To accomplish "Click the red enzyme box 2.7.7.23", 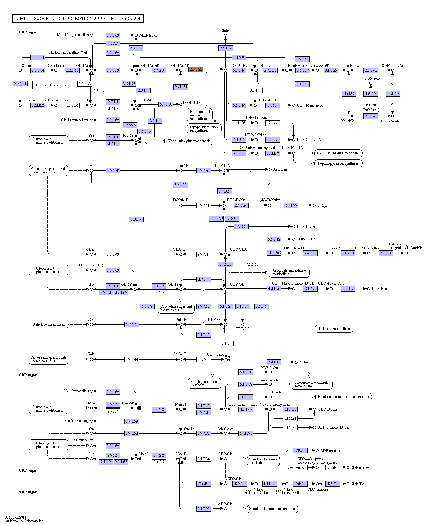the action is tap(196, 69).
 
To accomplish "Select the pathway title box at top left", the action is tap(78, 18).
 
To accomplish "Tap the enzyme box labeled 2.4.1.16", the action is tap(226, 48).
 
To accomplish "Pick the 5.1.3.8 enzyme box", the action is tap(113, 44).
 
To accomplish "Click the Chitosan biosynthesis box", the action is tap(53, 85).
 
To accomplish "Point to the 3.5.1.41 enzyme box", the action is tap(20, 84).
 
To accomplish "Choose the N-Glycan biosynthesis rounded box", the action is tap(334, 329).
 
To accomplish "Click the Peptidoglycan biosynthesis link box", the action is tap(338, 163).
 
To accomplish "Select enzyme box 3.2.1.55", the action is tap(180, 185).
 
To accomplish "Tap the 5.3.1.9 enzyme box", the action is tap(136, 219).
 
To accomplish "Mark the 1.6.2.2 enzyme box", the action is tap(371, 94).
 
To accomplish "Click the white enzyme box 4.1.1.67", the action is tap(252, 265).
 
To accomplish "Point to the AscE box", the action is tap(300, 468).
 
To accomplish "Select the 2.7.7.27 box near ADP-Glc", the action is tap(203, 509).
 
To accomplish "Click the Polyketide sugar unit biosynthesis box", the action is tap(176, 308).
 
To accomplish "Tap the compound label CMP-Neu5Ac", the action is tap(393, 66).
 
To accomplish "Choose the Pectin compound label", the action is tap(303, 362).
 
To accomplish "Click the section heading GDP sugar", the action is tap(28, 375).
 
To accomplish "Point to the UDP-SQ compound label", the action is tap(243, 329).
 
